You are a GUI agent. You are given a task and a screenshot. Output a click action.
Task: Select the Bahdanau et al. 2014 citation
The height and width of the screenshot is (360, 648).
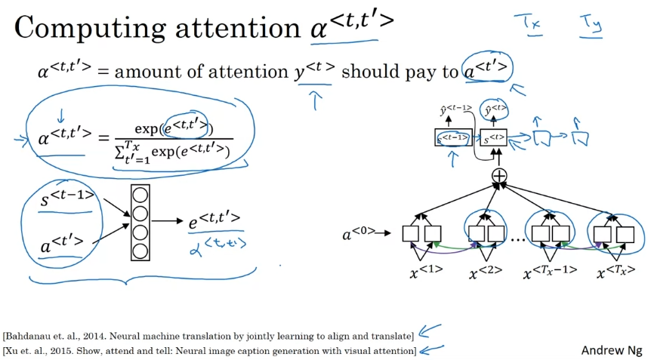coord(208,335)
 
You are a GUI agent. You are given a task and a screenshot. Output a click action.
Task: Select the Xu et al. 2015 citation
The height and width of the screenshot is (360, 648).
coord(209,351)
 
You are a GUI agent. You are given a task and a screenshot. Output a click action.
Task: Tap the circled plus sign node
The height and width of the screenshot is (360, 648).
coord(499,176)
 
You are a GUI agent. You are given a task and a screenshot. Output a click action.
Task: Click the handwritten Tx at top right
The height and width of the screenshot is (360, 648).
coord(528,23)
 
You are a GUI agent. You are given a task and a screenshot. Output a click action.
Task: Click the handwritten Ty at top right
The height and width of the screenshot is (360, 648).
coord(591,25)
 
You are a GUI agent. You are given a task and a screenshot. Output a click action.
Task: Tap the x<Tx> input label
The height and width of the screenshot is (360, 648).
coord(613,271)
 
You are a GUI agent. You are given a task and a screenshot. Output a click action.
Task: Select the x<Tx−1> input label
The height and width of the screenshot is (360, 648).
coord(551,271)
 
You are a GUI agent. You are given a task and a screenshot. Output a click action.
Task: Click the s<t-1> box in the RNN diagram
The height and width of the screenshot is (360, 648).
coord(454,138)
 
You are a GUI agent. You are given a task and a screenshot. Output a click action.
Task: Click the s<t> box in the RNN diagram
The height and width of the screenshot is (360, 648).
coord(495,138)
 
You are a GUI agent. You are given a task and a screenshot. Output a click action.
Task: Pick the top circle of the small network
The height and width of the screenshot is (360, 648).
coord(140,195)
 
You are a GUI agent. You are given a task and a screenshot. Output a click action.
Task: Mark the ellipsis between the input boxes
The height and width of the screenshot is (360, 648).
coord(518,238)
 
